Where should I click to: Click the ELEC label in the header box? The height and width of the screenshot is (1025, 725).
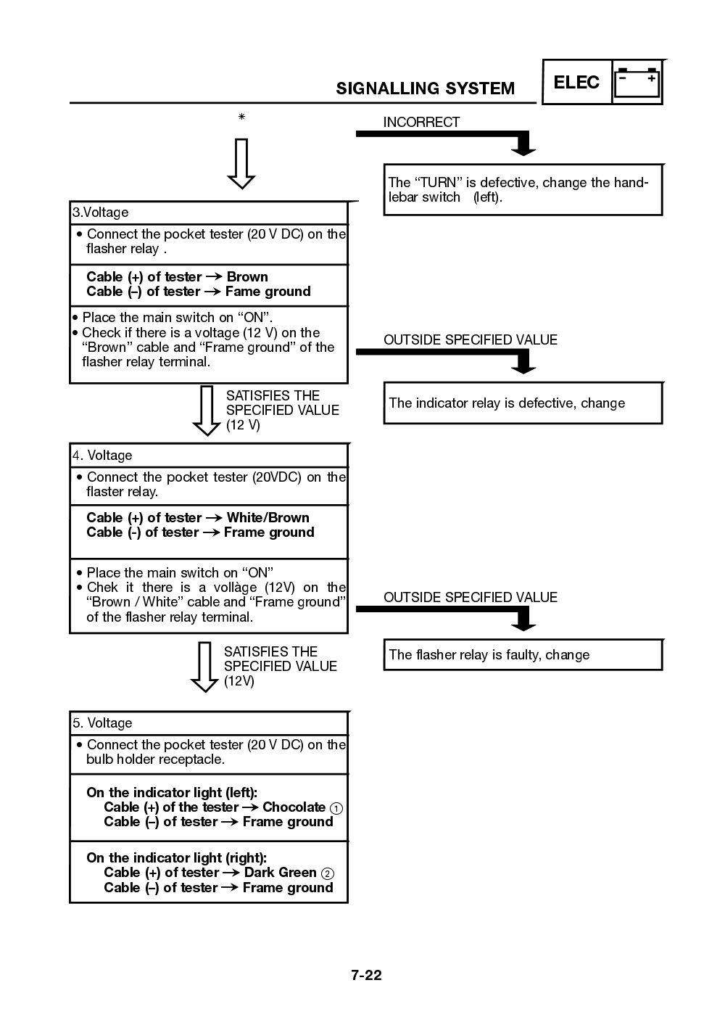click(x=576, y=83)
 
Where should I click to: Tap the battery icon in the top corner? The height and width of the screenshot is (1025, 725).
click(x=637, y=82)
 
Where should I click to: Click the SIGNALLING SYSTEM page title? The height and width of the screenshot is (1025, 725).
click(x=425, y=88)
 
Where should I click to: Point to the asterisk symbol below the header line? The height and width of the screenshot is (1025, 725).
click(x=241, y=117)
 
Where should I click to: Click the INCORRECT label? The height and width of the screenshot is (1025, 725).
click(x=421, y=122)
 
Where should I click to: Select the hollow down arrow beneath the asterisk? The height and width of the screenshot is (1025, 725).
click(x=241, y=163)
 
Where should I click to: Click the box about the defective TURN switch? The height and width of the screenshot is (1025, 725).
click(x=522, y=189)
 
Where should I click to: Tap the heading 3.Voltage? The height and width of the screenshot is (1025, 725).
click(x=101, y=213)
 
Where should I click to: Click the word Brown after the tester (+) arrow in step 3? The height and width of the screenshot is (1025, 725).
click(x=247, y=276)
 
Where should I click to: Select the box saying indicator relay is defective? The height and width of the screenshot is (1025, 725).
click(x=522, y=403)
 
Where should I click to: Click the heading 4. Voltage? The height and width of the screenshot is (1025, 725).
click(x=102, y=456)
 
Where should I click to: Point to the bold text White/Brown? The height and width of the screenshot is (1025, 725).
click(x=268, y=517)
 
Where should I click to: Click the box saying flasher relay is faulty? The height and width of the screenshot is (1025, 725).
click(x=522, y=655)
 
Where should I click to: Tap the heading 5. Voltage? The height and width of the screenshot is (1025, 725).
click(x=102, y=723)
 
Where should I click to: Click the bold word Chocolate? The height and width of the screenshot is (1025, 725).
click(x=294, y=807)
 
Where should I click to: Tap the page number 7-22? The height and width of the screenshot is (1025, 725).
click(x=366, y=975)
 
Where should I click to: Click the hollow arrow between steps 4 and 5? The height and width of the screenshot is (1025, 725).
click(x=204, y=666)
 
